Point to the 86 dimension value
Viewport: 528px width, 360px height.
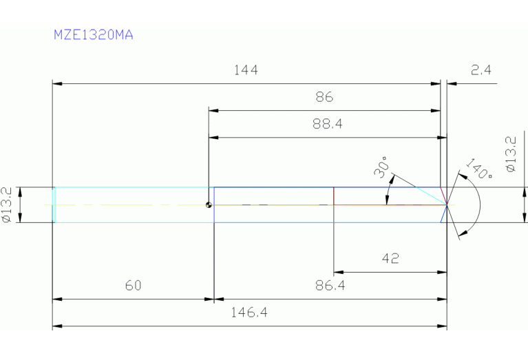click(x=324, y=97)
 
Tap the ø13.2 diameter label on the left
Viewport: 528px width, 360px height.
click(x=6, y=205)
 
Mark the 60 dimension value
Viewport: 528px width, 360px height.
click(x=133, y=286)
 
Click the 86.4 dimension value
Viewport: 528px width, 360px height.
click(x=330, y=286)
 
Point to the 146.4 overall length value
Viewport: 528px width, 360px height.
click(x=249, y=313)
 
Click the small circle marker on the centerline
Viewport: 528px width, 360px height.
click(x=207, y=204)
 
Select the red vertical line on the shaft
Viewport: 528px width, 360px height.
click(x=334, y=204)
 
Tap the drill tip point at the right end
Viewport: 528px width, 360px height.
click(x=447, y=204)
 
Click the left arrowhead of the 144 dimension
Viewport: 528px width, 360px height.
click(x=57, y=83)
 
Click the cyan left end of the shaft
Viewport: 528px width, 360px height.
click(x=54, y=204)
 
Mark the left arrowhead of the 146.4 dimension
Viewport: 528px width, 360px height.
click(x=57, y=326)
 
